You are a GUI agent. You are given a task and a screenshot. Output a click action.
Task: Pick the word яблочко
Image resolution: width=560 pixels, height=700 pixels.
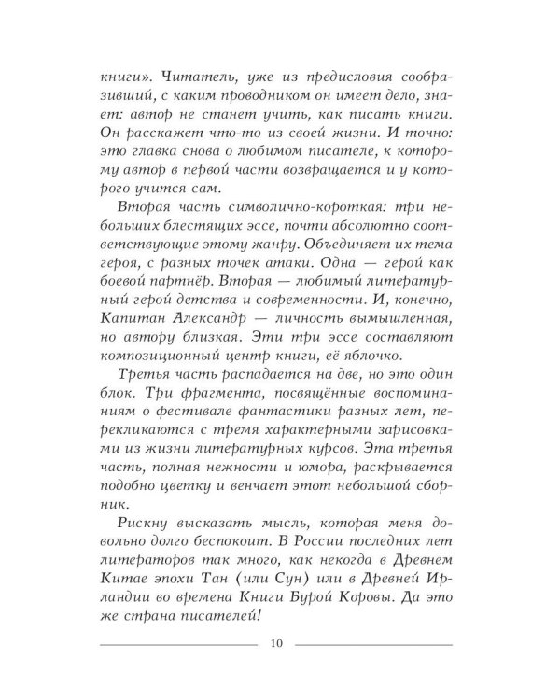406,360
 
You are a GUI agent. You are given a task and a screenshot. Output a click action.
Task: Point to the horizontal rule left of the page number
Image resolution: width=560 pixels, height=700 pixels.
176,644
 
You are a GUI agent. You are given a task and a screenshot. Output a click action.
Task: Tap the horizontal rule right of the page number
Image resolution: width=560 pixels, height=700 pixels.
373,644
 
